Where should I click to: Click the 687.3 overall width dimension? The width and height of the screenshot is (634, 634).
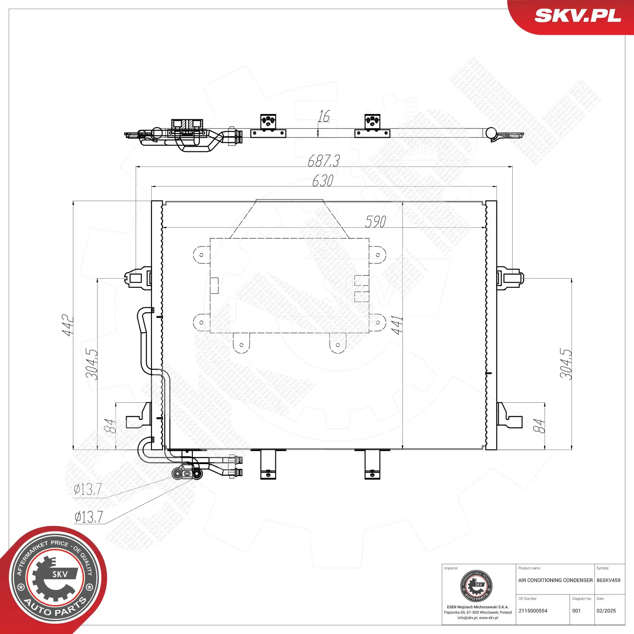click(x=324, y=161)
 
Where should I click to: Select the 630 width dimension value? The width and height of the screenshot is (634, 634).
click(x=323, y=181)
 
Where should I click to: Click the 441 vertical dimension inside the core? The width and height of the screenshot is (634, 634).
click(x=398, y=325)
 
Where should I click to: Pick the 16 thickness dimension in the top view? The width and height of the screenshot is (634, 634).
click(x=324, y=116)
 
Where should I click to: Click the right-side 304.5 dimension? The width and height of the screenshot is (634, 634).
click(x=566, y=364)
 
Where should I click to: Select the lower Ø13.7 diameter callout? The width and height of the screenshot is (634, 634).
click(x=89, y=517)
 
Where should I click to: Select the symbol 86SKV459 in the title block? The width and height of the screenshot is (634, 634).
click(x=608, y=580)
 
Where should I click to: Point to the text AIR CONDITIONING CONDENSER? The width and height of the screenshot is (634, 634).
click(x=555, y=580)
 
